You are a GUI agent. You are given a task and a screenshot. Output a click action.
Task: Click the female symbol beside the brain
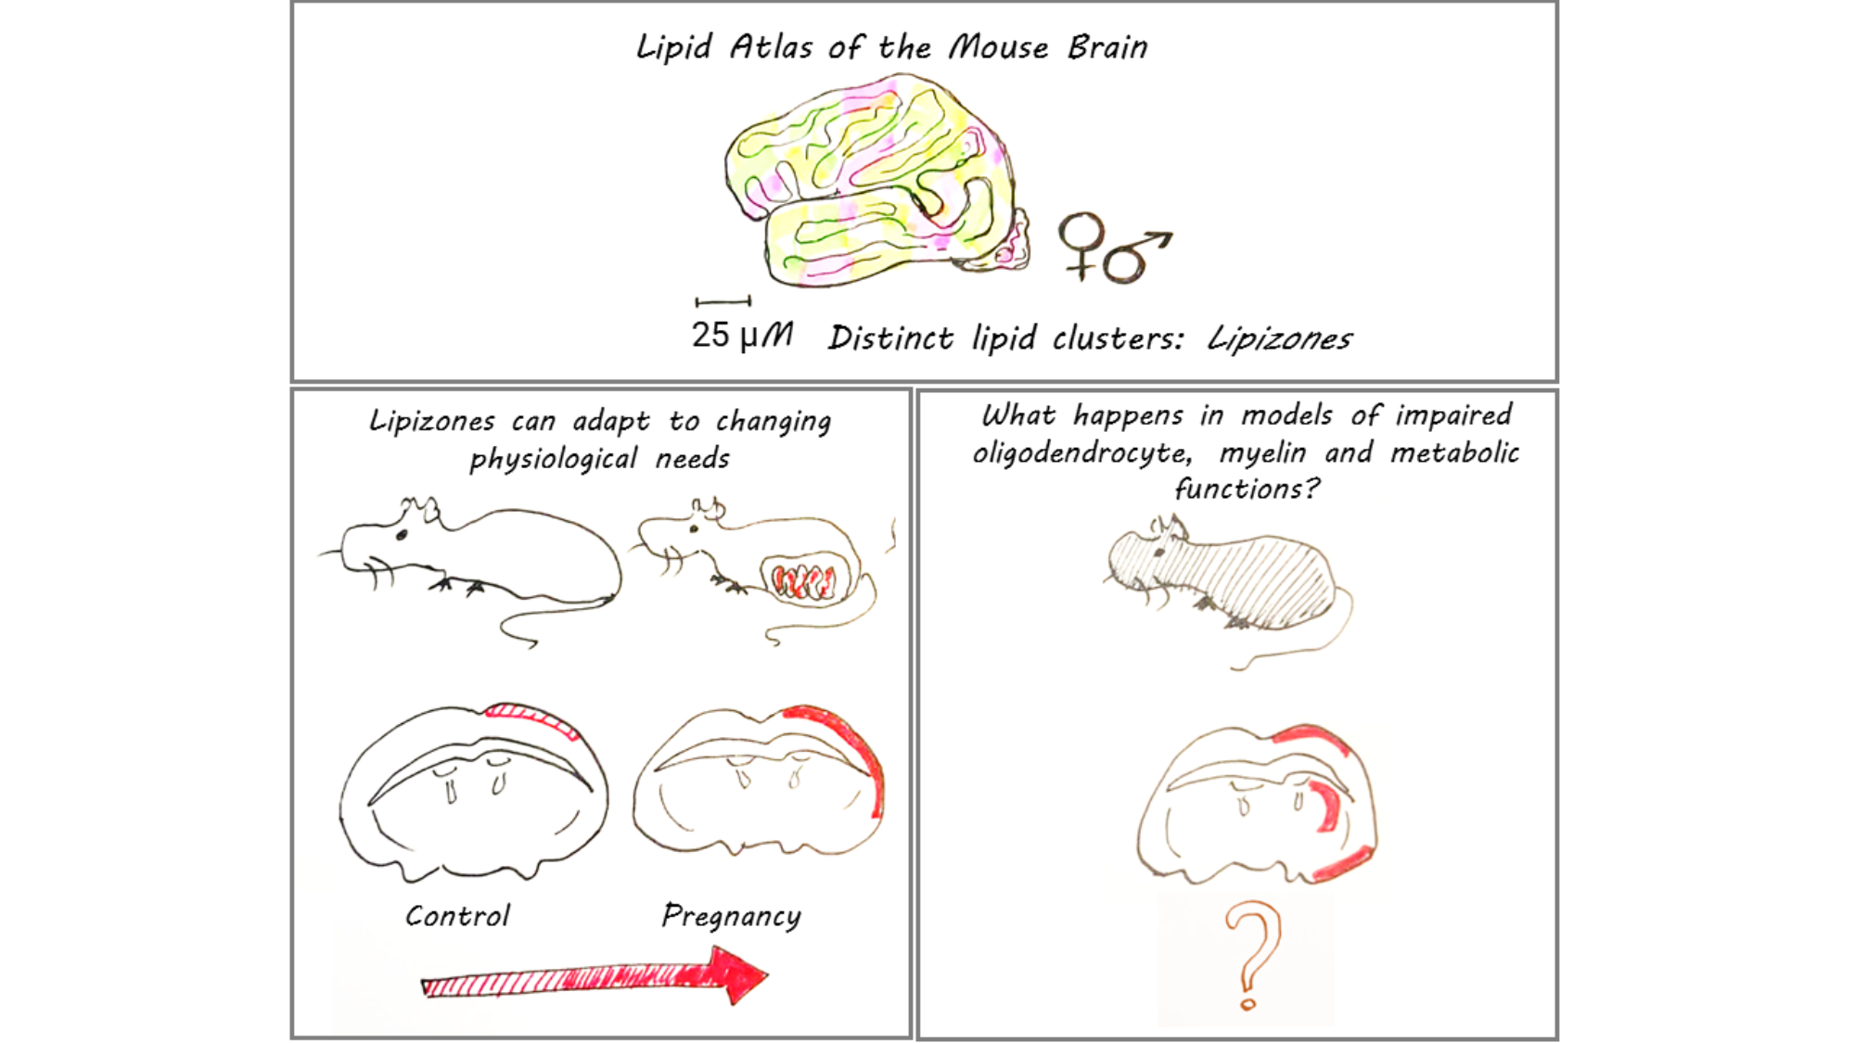pos(1081,243)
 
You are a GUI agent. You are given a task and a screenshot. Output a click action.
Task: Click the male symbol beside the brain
pos(1133,257)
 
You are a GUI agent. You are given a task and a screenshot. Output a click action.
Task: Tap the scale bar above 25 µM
pos(723,301)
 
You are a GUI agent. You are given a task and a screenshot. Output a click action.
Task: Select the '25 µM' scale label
pos(741,335)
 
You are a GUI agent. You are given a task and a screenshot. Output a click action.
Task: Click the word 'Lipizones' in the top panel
pos(1279,339)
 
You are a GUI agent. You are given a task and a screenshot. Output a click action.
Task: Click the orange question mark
pos(1252,955)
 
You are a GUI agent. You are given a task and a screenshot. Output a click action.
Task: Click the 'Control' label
pos(457,916)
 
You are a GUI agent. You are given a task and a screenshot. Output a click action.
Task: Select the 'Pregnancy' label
pos(731,916)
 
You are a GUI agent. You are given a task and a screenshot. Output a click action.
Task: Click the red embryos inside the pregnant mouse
pos(804,581)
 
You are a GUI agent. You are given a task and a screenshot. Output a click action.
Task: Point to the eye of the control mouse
pos(402,535)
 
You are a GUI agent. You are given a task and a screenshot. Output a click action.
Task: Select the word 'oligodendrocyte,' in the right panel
pos(1081,453)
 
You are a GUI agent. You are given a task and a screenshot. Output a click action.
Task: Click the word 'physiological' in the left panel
pos(554,459)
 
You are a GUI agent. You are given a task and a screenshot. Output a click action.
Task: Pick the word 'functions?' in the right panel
pos(1247,489)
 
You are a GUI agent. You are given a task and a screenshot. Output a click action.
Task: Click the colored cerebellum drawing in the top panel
pos(872,181)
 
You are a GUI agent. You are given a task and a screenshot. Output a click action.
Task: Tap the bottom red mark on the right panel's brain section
pos(1343,864)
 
